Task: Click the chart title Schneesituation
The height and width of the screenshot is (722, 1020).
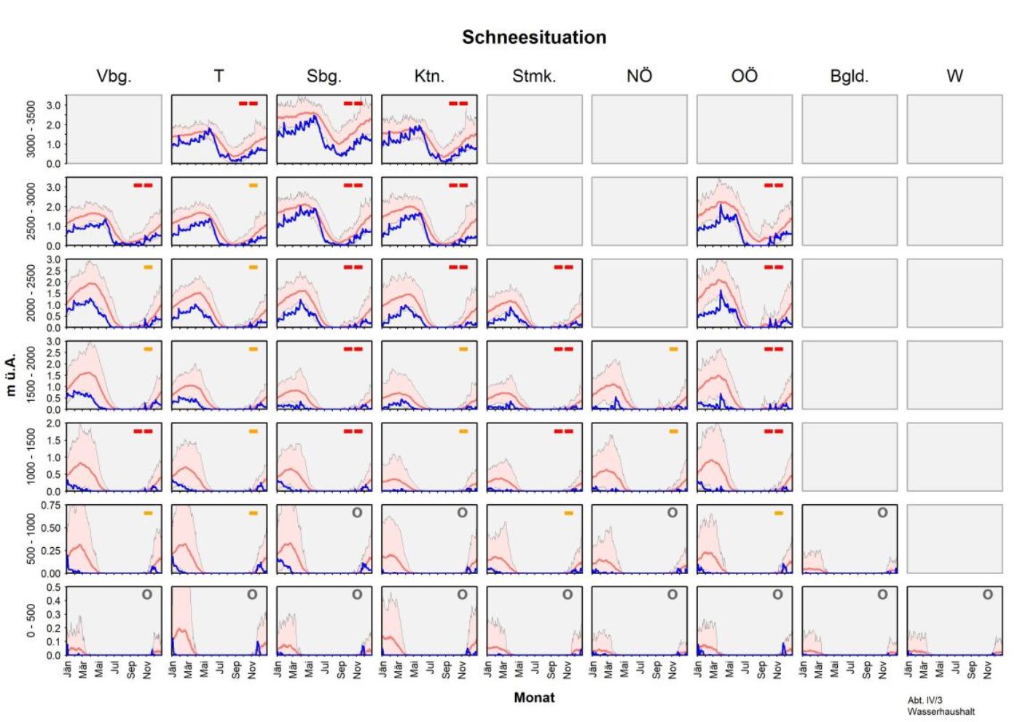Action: pos(533,37)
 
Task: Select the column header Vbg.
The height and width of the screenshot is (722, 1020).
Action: pos(114,76)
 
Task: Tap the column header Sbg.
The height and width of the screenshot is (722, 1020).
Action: pos(323,76)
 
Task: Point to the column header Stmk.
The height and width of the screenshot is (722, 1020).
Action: pos(533,76)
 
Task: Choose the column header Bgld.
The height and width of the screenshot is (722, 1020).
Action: pos(849,76)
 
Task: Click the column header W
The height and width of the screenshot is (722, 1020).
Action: pos(954,76)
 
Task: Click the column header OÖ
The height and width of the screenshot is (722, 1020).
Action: pos(744,76)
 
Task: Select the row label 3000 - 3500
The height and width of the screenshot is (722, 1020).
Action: pos(31,129)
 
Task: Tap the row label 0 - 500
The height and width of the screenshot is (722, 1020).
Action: pos(31,621)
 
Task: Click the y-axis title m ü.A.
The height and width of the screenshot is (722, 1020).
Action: pos(11,374)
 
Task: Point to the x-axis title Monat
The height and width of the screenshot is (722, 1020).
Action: pos(534,697)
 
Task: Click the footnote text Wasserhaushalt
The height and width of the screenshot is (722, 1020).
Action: pos(941,711)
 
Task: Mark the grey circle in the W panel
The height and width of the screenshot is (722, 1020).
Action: pos(987,595)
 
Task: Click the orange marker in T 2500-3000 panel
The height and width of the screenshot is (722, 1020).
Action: pos(253,185)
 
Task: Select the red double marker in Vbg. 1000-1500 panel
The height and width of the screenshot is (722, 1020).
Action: pos(143,431)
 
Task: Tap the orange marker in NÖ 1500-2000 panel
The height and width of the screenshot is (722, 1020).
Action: pos(673,349)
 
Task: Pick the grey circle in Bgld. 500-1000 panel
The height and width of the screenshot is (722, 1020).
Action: pos(882,513)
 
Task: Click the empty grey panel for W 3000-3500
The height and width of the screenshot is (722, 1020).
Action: pos(954,129)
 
